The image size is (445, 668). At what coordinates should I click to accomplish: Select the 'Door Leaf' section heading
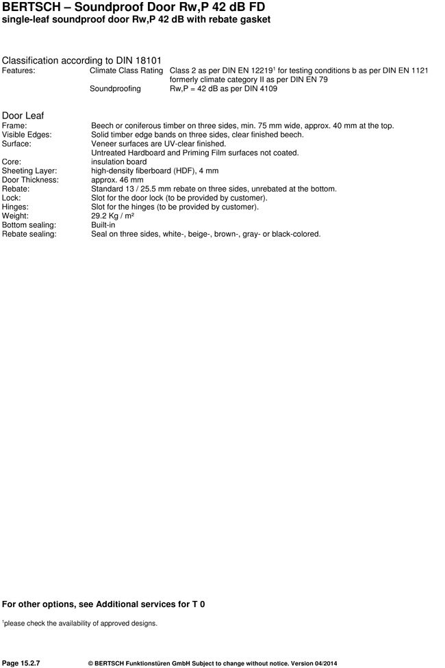tap(23, 115)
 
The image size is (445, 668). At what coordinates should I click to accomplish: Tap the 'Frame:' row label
tap(14, 126)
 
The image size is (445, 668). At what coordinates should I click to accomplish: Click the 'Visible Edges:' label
tap(27, 135)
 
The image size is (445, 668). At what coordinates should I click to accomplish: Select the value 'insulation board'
tap(118, 162)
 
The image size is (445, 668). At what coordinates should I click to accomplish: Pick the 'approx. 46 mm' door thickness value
tap(117, 179)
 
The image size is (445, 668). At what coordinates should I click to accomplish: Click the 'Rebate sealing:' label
tap(29, 233)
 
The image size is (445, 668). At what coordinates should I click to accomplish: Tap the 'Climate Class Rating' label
tap(126, 70)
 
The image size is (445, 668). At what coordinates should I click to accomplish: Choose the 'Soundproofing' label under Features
tap(115, 88)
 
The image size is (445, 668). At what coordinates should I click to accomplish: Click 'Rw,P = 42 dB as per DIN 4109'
tap(223, 88)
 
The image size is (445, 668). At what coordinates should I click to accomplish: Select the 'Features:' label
tap(18, 70)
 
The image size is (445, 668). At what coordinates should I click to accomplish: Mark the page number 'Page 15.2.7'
tap(21, 663)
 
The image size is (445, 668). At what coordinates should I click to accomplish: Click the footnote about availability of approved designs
tap(80, 623)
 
